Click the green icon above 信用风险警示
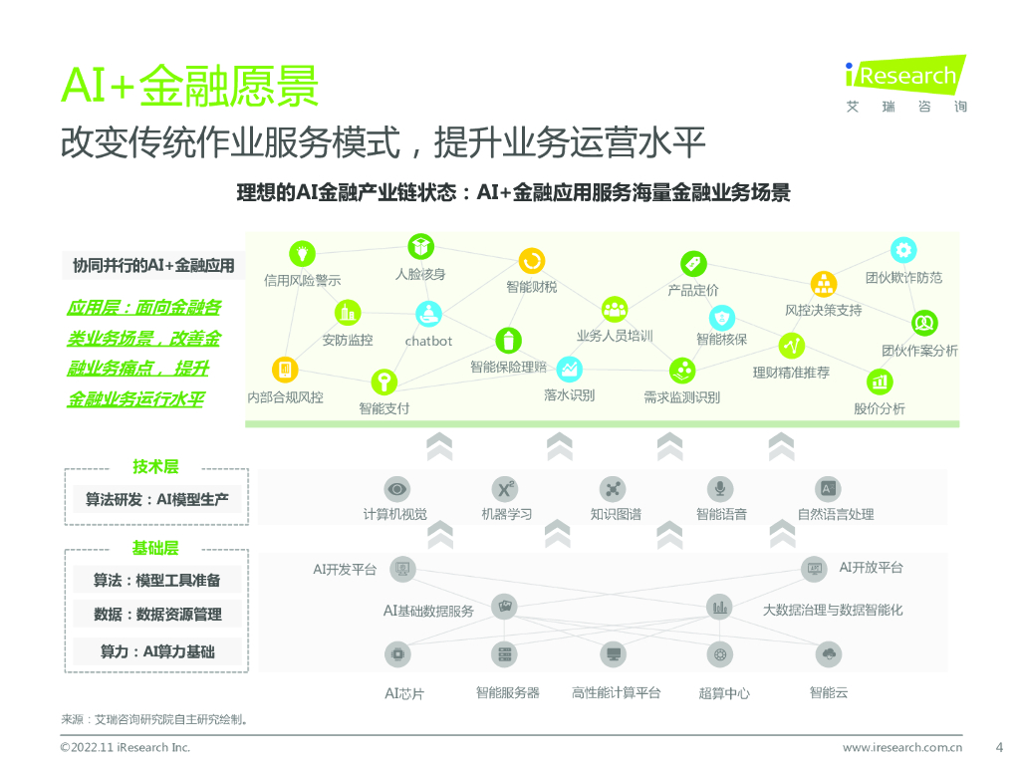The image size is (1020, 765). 302,253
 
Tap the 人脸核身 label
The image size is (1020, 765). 420,274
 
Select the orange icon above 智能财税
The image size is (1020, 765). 532,260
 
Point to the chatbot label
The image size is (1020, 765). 428,341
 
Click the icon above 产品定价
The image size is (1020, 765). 693,263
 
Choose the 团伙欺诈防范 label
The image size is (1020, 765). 903,278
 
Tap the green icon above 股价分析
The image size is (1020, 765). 879,381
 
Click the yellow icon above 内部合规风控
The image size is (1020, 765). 285,371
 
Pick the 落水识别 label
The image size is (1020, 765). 569,395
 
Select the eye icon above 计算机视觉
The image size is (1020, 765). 396,489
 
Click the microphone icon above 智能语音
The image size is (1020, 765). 720,489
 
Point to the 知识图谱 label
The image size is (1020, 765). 615,515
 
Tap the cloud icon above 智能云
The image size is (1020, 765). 828,654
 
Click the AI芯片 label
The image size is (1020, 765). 404,693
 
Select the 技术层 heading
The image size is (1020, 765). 155,466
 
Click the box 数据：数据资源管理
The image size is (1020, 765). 157,615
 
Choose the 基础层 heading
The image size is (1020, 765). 155,549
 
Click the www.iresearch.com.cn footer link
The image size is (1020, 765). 901,747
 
